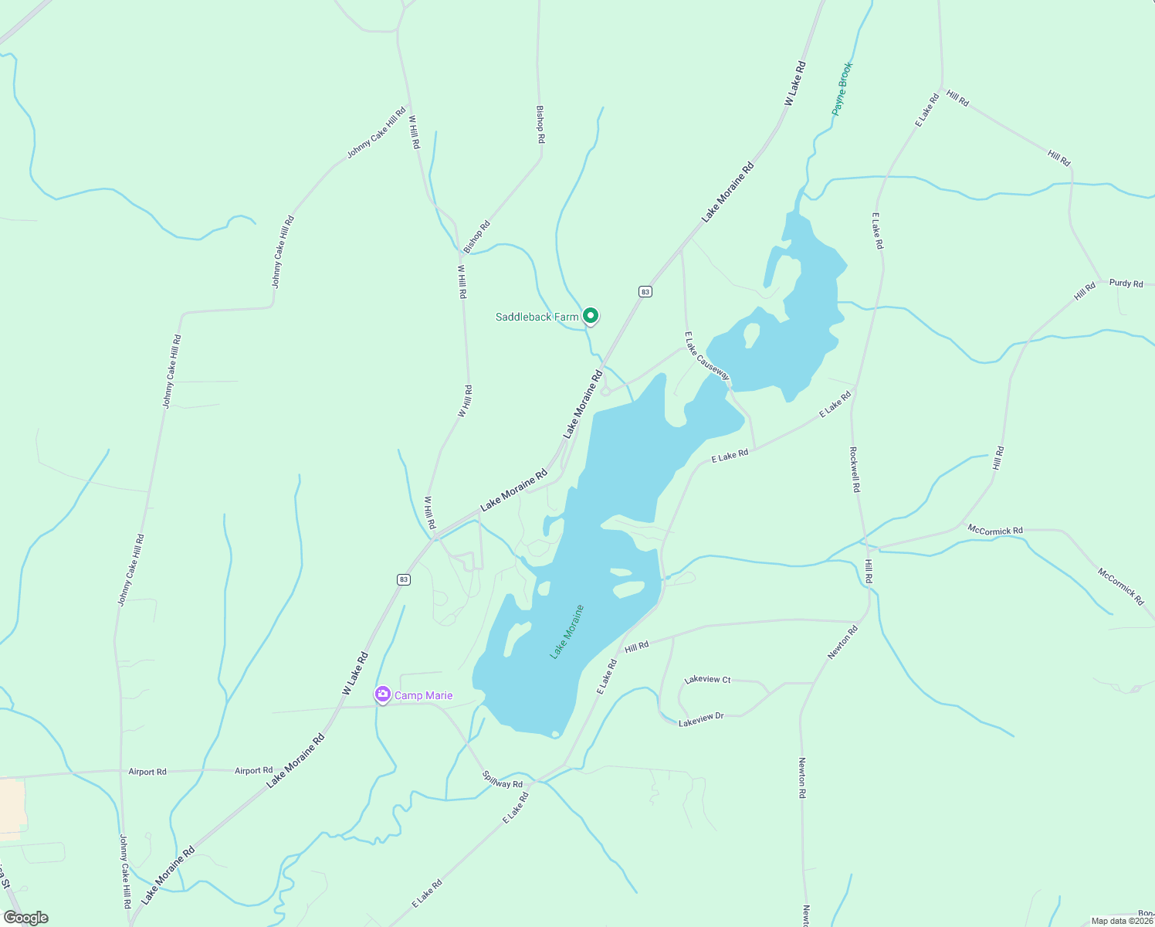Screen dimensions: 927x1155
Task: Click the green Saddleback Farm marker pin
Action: [x=591, y=316]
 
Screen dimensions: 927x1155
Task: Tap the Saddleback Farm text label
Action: [x=537, y=317]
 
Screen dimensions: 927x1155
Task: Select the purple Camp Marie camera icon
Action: [x=382, y=695]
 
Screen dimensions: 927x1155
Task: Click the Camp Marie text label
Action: [x=423, y=696]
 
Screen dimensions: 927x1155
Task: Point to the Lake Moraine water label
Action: [x=567, y=632]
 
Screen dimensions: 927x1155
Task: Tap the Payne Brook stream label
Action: [x=842, y=89]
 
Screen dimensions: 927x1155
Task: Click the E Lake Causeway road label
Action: [x=706, y=356]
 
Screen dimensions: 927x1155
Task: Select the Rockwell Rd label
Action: [x=855, y=470]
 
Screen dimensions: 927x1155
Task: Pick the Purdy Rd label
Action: [x=1126, y=284]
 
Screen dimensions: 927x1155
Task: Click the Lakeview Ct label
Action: [x=707, y=680]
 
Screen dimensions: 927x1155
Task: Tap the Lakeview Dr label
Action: [x=701, y=720]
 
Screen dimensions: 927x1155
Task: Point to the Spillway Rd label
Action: [x=502, y=779]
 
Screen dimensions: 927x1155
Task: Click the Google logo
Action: [x=26, y=918]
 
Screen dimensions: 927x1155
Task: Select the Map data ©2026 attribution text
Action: [x=1121, y=921]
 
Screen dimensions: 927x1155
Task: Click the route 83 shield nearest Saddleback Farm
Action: [x=645, y=291]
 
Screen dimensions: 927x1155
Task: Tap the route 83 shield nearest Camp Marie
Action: [x=403, y=579]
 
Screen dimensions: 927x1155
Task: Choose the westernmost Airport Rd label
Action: [x=147, y=772]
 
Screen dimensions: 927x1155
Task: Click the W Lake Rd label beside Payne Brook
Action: [x=795, y=83]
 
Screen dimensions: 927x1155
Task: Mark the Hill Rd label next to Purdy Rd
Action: [x=1085, y=291]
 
